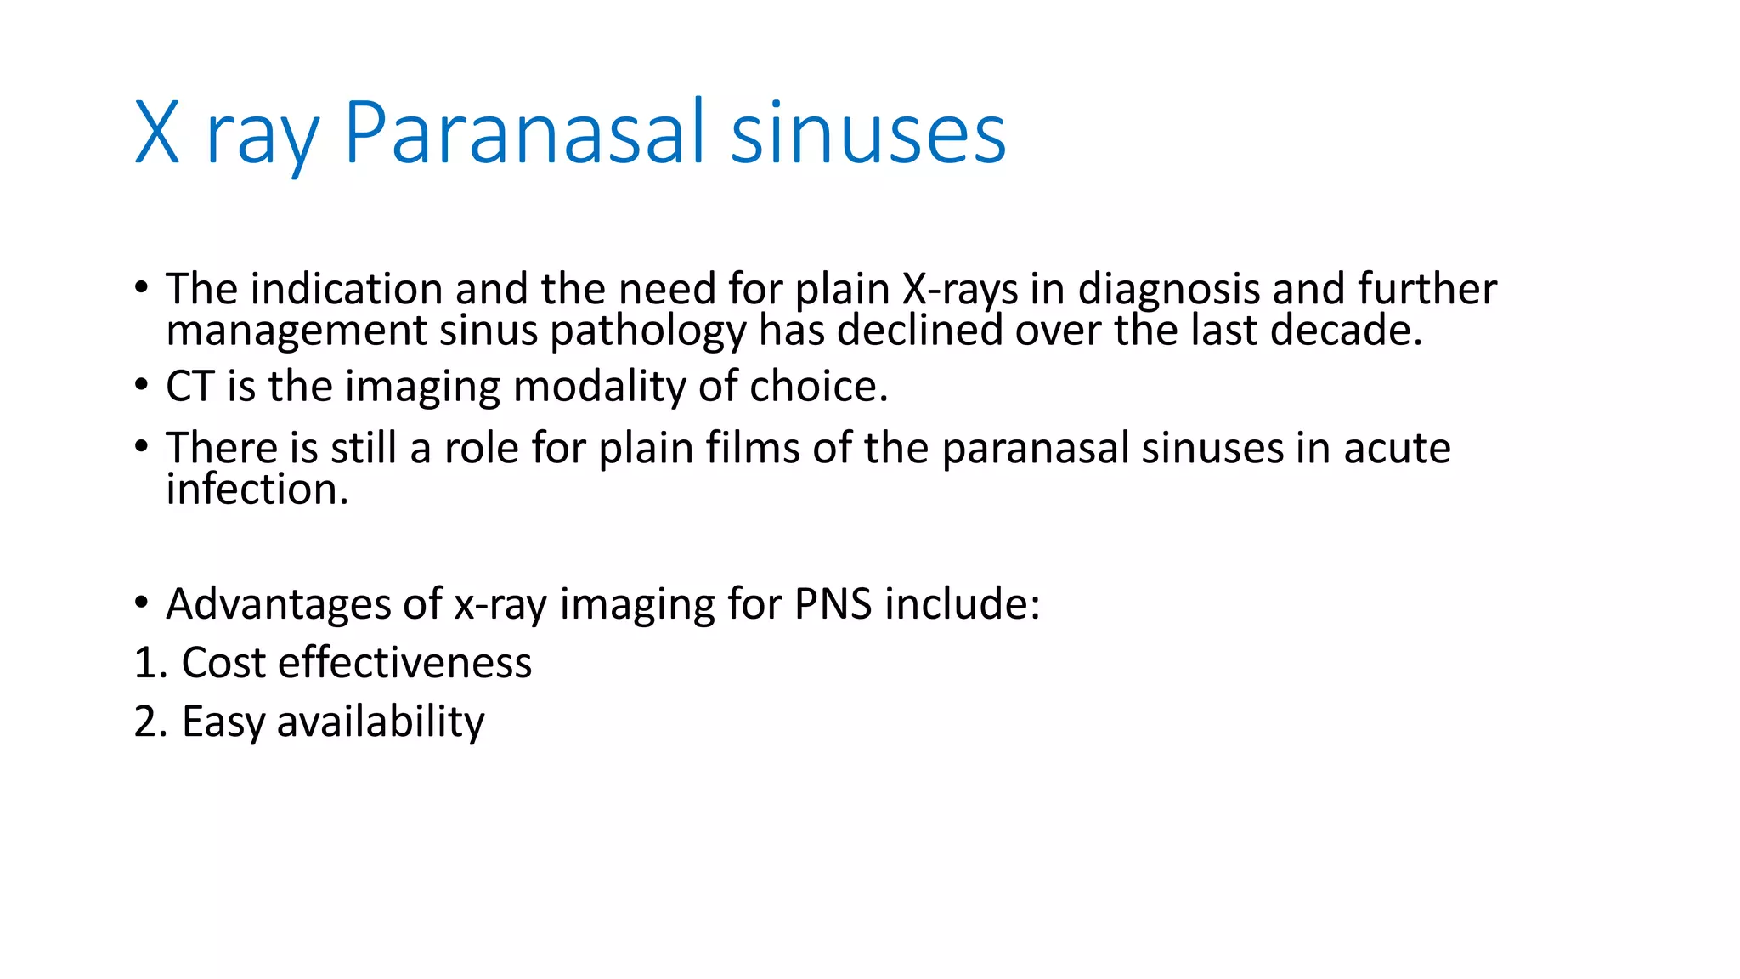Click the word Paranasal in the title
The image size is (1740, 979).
(x=523, y=133)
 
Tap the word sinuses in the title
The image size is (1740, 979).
(x=867, y=133)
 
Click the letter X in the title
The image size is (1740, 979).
(x=157, y=133)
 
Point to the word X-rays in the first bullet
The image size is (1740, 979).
(x=959, y=289)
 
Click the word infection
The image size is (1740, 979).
(x=257, y=489)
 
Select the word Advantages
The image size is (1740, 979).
(x=278, y=605)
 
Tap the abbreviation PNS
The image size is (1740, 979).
(x=833, y=604)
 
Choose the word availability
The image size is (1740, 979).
(x=380, y=722)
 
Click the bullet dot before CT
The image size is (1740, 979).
(x=141, y=386)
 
